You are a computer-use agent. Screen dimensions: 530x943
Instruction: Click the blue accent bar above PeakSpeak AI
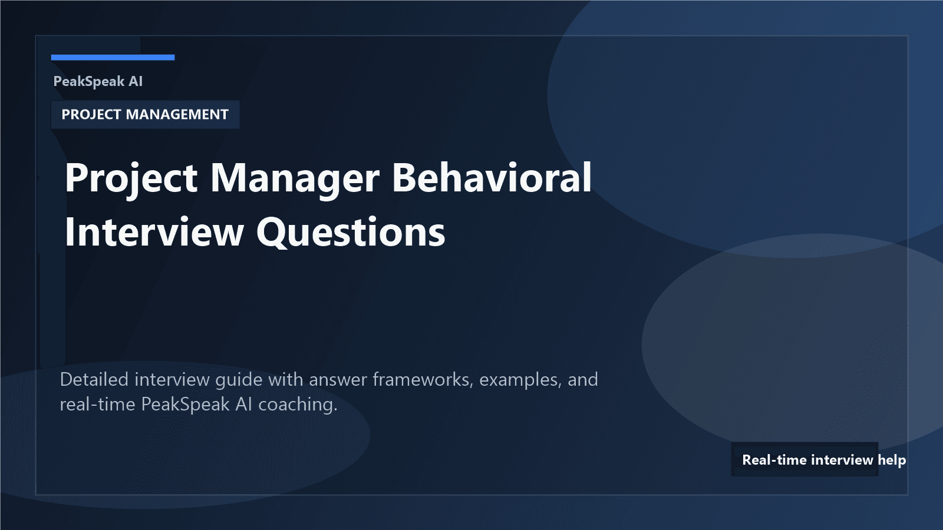(x=113, y=57)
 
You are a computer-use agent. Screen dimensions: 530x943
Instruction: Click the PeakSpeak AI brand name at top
(x=98, y=81)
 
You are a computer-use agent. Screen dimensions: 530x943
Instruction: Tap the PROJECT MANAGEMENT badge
(x=145, y=114)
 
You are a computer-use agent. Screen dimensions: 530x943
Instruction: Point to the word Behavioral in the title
(x=492, y=177)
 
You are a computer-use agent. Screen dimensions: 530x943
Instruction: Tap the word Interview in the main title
(x=154, y=232)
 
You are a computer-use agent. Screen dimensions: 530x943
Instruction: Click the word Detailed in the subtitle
(x=94, y=379)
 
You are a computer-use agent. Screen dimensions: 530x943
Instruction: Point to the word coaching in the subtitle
(x=298, y=405)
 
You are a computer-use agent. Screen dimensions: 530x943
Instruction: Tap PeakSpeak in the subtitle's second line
(x=185, y=405)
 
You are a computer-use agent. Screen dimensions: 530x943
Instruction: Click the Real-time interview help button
(x=805, y=459)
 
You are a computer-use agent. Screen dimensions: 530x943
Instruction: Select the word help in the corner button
(x=892, y=460)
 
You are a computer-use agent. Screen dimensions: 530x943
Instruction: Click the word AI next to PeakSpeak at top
(x=136, y=81)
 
